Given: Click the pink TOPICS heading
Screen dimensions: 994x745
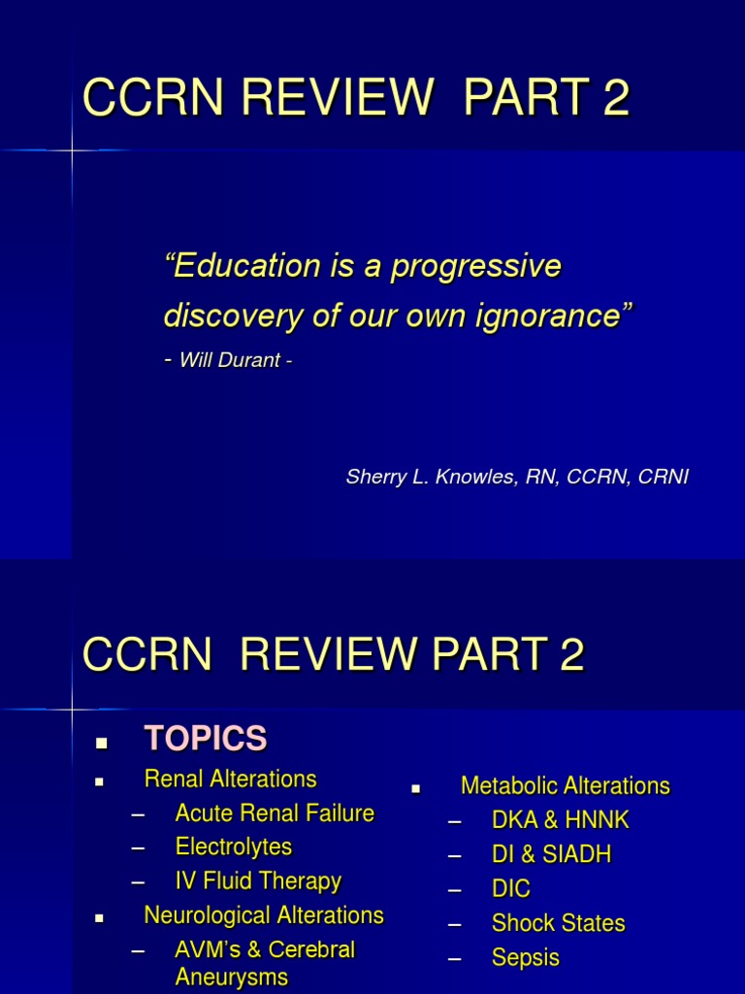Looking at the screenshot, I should coord(205,740).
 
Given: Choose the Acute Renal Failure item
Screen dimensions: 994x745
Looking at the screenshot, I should coord(275,813).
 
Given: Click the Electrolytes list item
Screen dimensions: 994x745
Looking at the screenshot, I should coord(233,847).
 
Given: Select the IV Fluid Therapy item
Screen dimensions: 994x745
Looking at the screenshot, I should coord(258,881).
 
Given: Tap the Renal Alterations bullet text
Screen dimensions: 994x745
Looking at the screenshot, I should coord(230,779).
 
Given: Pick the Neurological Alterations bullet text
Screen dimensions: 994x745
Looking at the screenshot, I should coord(263,915).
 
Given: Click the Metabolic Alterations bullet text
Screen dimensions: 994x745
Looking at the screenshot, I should coord(565,785).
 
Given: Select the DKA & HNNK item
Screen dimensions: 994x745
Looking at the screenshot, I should coord(560,820).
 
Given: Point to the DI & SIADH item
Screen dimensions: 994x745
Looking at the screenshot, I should coord(551,855).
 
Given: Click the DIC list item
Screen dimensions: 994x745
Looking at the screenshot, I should coord(511,889).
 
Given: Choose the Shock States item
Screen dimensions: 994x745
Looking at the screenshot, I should coord(558,923).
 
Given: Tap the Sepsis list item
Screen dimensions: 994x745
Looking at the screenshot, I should coord(525,958).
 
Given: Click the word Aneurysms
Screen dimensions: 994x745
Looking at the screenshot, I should coord(231,977).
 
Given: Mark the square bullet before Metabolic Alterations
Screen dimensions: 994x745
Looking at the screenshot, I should coord(415,789).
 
